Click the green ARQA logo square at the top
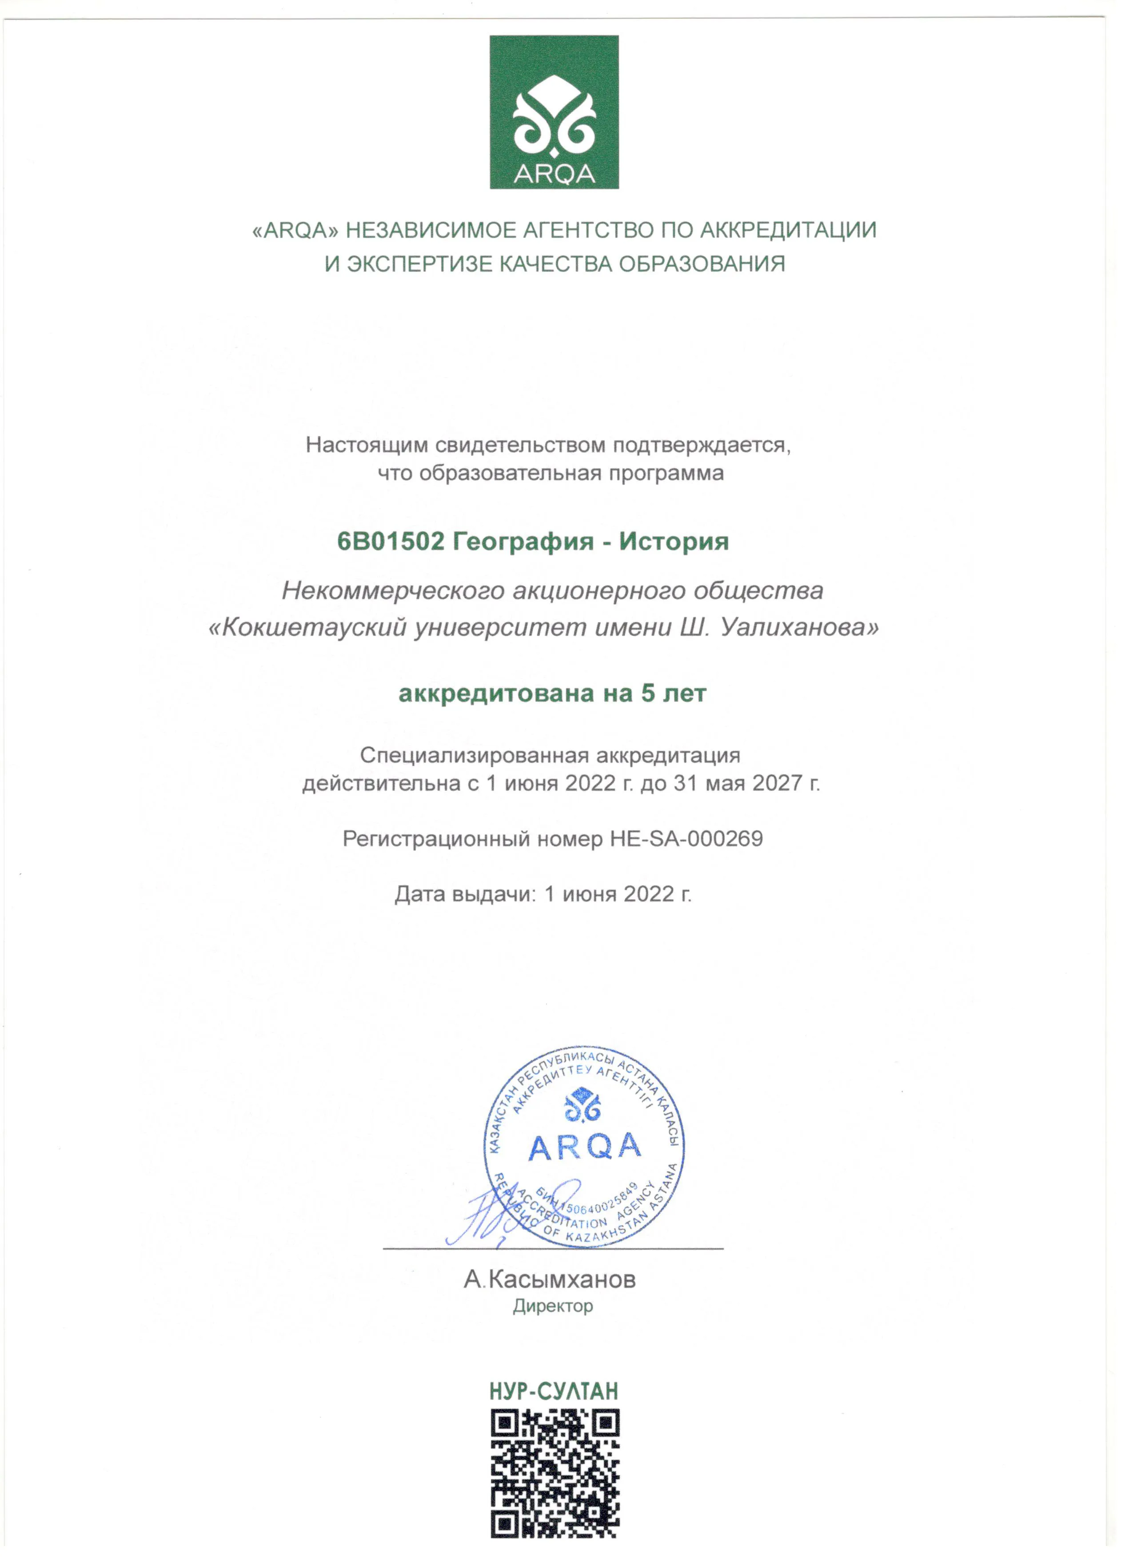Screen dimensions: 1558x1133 point(554,112)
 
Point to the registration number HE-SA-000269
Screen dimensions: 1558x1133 point(686,839)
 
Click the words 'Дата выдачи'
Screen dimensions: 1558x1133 point(463,894)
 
